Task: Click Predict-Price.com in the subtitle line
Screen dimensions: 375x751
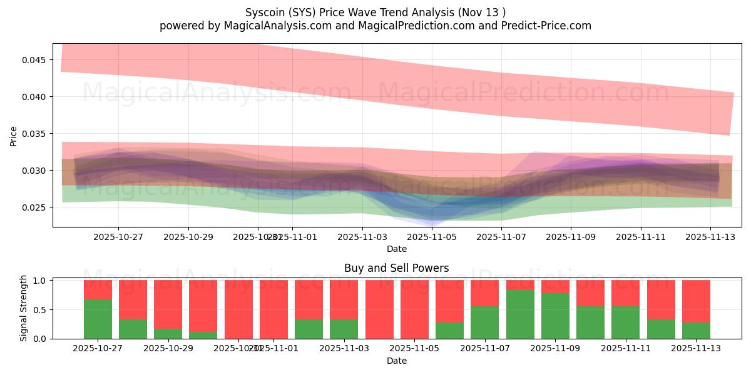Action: click(x=543, y=26)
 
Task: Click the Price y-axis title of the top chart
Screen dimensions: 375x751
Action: click(x=14, y=136)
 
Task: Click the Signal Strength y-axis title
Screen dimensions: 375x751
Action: click(x=24, y=308)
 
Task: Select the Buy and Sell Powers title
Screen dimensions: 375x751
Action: click(x=396, y=268)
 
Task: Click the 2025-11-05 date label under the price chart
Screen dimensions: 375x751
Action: click(x=432, y=237)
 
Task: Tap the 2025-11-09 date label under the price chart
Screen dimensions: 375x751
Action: click(x=571, y=237)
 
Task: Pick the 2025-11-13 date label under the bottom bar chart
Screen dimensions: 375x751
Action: click(x=696, y=349)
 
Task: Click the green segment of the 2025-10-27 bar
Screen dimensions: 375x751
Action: click(x=98, y=319)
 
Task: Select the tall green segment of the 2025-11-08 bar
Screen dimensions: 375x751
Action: click(x=521, y=314)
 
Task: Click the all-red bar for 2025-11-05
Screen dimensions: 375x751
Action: click(x=414, y=309)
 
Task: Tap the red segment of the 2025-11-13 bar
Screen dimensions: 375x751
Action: click(x=696, y=301)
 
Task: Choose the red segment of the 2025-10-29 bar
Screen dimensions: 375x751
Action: click(x=168, y=304)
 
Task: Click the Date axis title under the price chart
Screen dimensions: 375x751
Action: click(x=396, y=249)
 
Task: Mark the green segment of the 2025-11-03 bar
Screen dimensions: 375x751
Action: click(x=344, y=329)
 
